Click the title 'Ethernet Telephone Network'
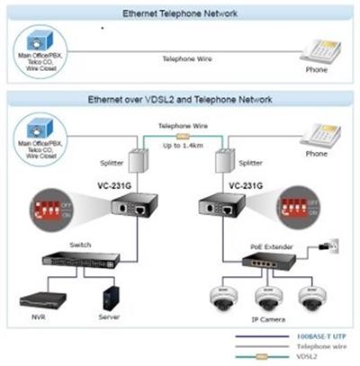(181, 13)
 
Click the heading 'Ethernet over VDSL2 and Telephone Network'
(181, 99)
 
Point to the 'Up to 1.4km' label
(181, 146)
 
